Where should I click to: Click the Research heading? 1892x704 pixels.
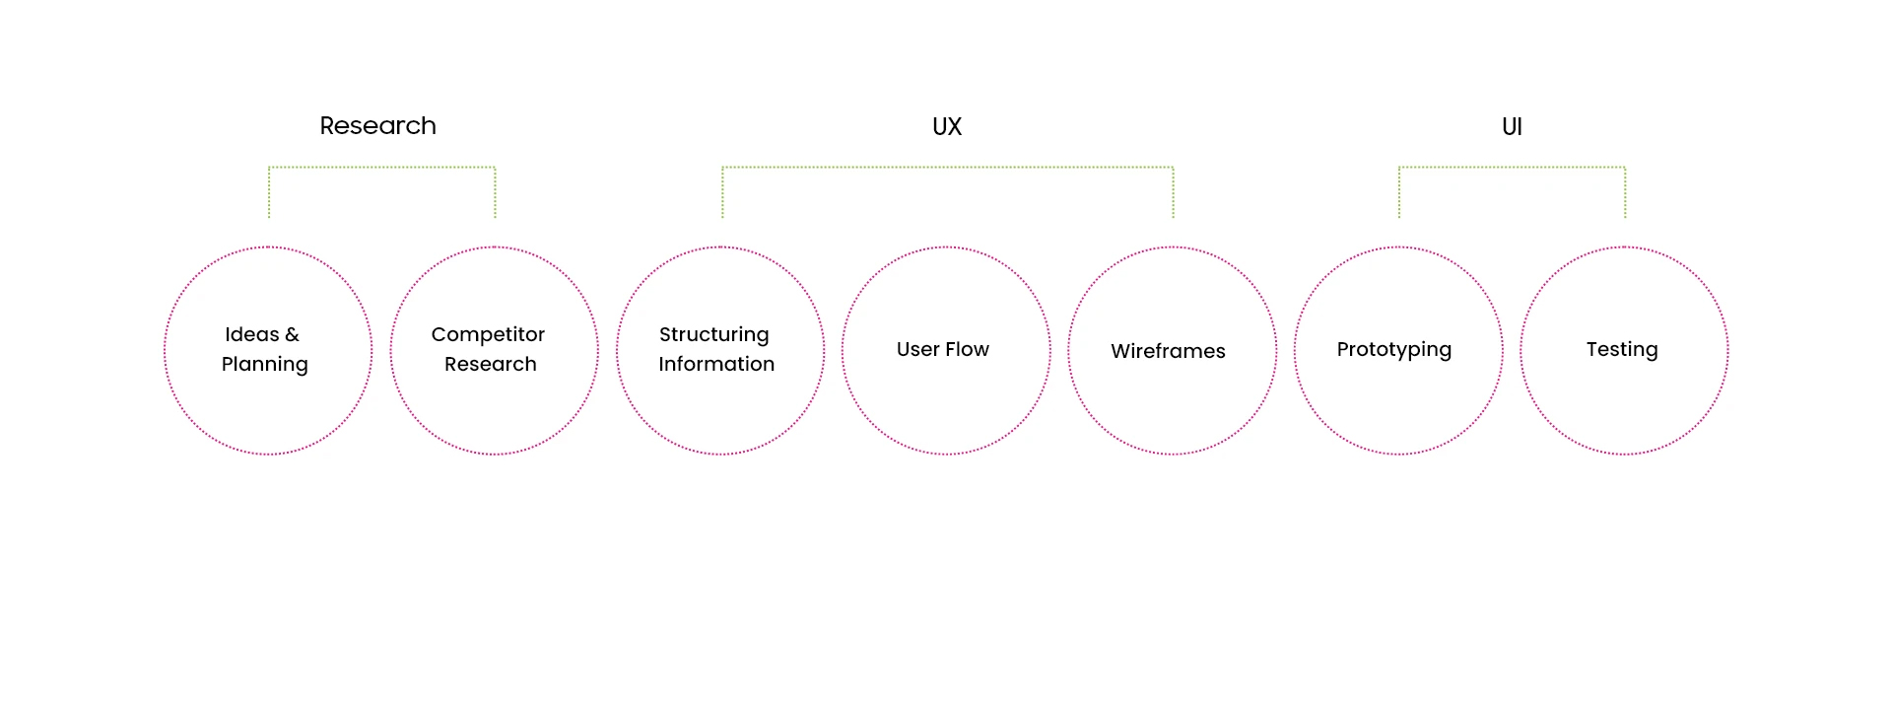point(377,126)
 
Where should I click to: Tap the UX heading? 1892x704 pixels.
point(946,126)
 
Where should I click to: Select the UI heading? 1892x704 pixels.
point(1512,126)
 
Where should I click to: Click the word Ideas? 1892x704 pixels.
point(251,334)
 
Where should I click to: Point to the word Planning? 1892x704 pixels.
point(264,365)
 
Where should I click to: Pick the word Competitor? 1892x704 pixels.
point(488,334)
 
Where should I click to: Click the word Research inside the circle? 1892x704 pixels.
point(490,364)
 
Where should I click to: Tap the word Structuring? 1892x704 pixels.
point(713,335)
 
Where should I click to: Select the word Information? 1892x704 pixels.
point(716,364)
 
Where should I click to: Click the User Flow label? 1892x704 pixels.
point(942,349)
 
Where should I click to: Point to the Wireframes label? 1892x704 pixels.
point(1168,351)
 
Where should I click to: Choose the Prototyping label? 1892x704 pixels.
point(1393,350)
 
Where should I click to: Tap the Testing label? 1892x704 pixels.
point(1621,350)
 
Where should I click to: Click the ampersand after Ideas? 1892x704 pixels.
point(292,334)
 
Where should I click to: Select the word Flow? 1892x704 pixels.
point(967,349)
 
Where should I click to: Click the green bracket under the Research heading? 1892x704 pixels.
point(381,168)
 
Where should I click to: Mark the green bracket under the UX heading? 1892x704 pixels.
point(947,168)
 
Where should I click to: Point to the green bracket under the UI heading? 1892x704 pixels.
point(1512,168)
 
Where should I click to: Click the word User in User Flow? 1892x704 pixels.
point(916,349)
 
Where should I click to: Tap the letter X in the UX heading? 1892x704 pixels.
point(954,126)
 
